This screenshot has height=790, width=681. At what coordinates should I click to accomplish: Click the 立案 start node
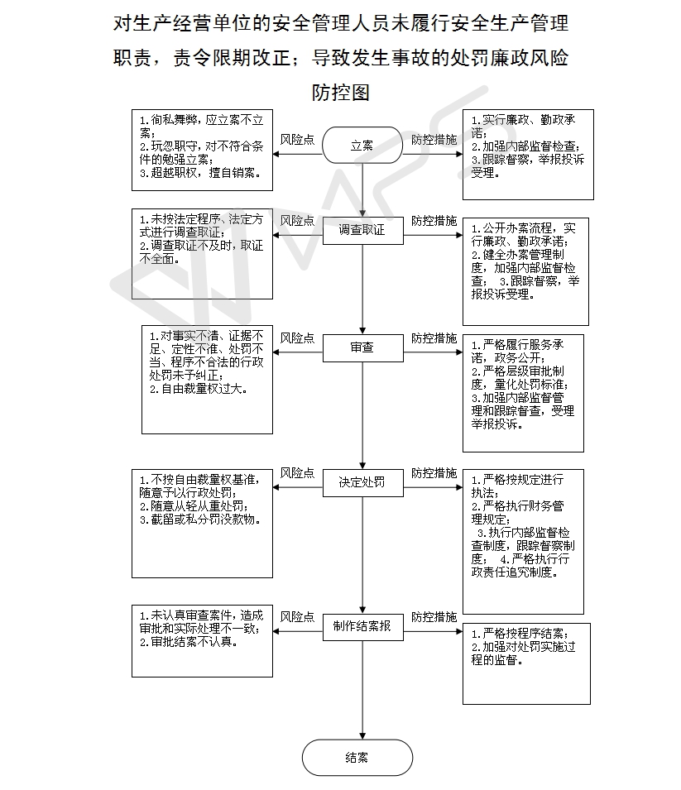[362, 145]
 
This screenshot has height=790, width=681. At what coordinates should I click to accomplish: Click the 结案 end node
[357, 757]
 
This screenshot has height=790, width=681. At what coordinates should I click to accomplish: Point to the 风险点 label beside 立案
[297, 140]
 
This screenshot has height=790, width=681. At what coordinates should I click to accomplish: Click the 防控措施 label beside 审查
[434, 338]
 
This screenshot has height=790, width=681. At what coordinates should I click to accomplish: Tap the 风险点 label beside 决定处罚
[297, 473]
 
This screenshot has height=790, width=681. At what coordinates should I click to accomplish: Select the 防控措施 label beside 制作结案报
[434, 617]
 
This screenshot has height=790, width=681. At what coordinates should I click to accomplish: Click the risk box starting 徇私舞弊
[202, 150]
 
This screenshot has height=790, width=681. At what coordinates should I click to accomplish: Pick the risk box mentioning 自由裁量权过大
[207, 380]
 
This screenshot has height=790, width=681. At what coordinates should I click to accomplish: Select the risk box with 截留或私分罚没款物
[202, 524]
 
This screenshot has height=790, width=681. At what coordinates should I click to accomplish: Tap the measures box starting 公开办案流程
[525, 271]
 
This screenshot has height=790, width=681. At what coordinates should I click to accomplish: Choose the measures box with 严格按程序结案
[526, 663]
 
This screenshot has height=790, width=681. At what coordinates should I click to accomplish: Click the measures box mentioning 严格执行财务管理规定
[523, 542]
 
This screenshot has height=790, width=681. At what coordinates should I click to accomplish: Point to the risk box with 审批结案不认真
[202, 641]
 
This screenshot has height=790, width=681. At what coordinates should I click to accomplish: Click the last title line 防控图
[341, 92]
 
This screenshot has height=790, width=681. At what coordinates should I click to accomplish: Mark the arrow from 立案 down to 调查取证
[362, 190]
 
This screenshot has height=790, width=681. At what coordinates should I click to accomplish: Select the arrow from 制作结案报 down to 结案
[362, 690]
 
